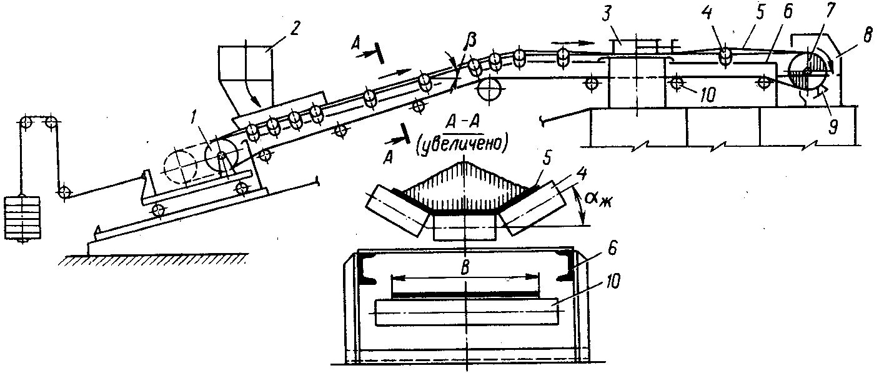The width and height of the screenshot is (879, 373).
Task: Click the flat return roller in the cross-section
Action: tap(465, 311)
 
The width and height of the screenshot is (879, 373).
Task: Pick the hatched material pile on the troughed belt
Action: tap(464, 186)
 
